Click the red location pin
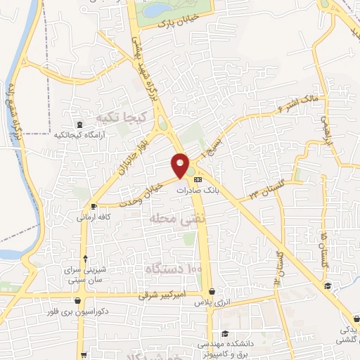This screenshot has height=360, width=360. click(x=181, y=165)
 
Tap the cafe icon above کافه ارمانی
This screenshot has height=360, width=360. click(x=95, y=207)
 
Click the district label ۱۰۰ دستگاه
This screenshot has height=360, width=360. click(x=174, y=269)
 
